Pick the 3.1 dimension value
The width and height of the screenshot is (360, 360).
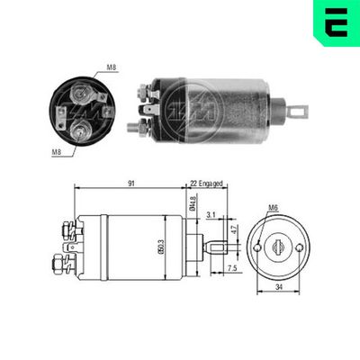tap(211, 215)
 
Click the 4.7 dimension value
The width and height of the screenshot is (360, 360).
tap(234, 231)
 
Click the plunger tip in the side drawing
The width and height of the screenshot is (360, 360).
tap(215, 247)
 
